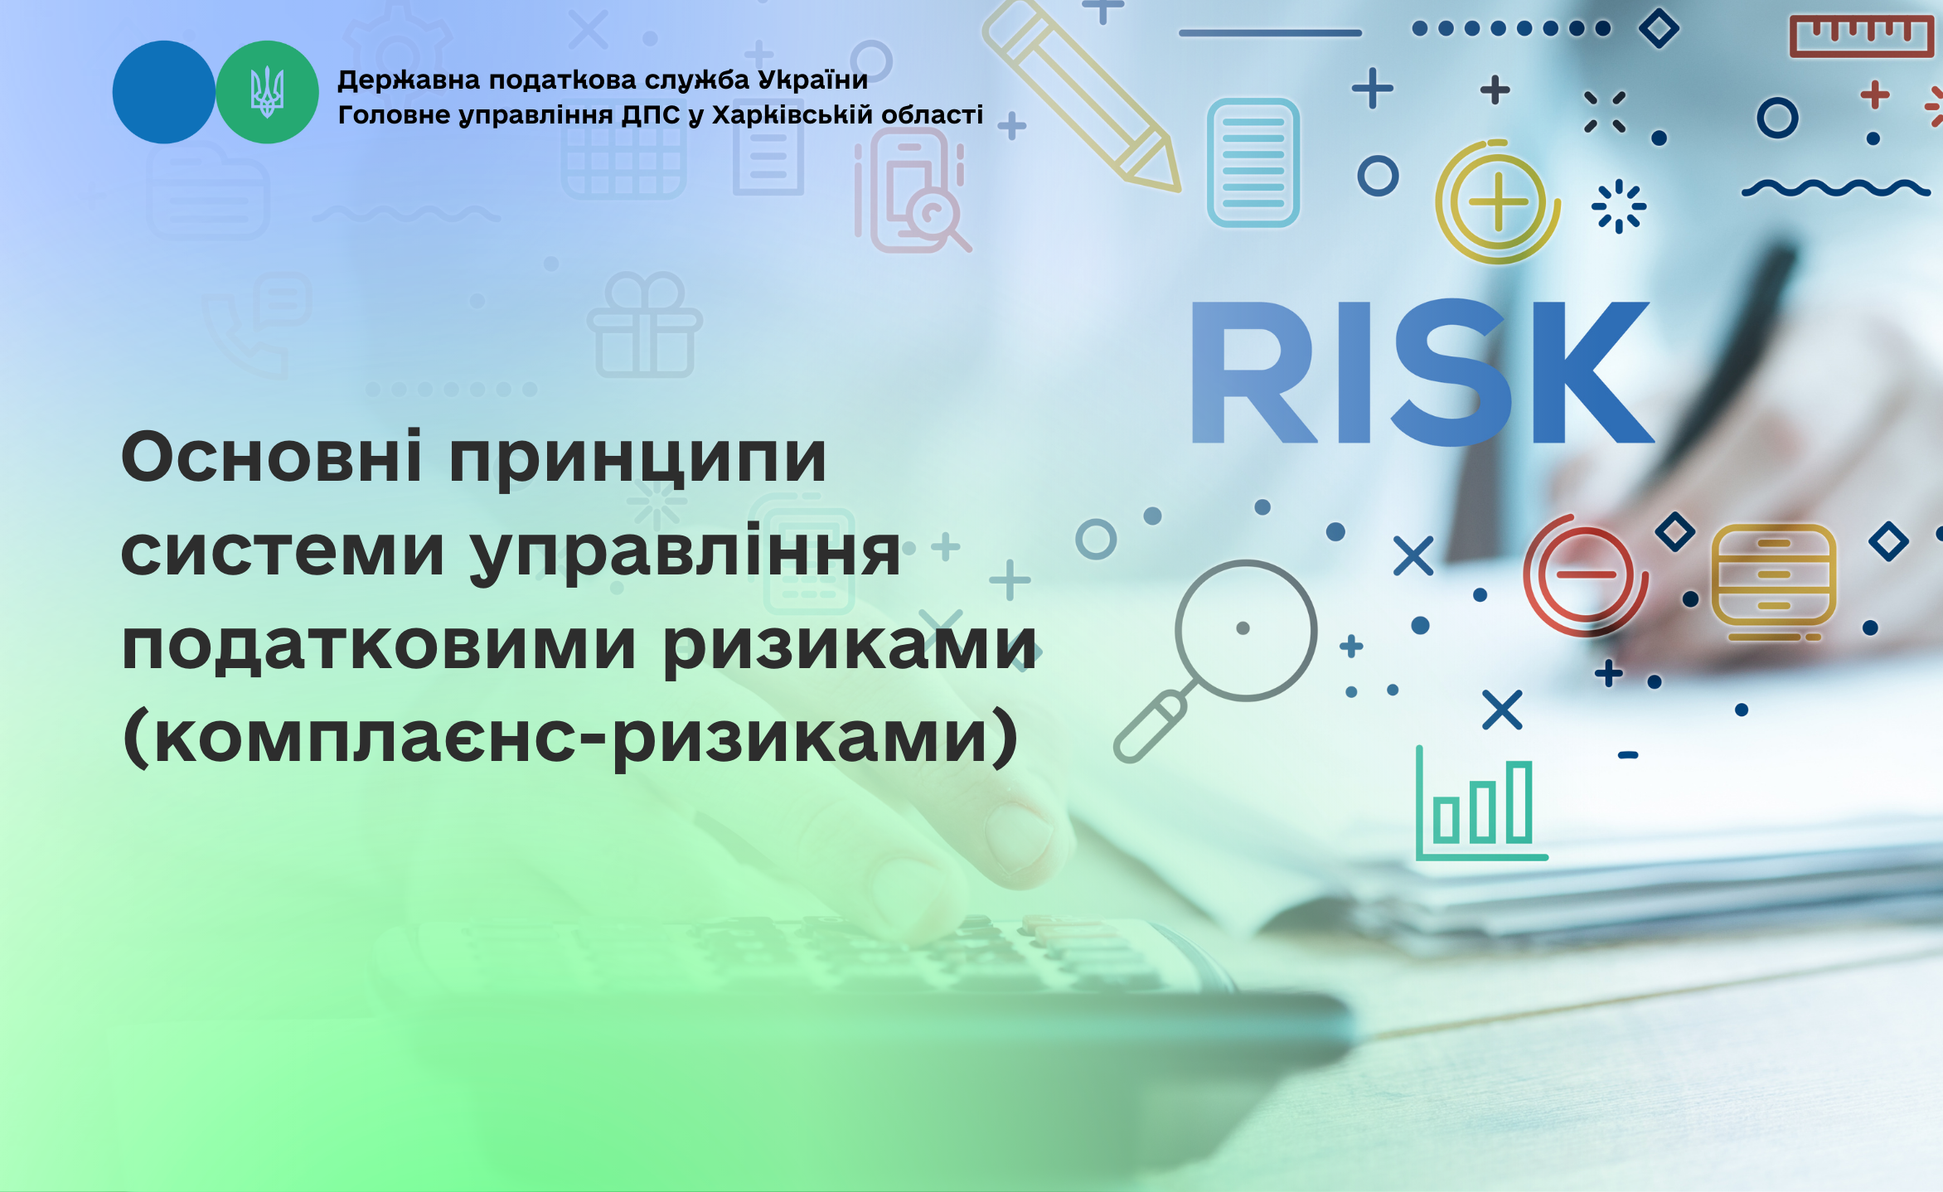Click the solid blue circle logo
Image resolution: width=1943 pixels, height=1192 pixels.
point(163,92)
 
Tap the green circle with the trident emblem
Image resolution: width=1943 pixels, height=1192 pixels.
point(267,92)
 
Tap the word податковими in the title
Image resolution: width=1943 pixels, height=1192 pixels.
point(380,645)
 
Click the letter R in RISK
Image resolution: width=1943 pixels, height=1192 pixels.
point(1253,371)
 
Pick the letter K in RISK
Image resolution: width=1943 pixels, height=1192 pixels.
point(1592,371)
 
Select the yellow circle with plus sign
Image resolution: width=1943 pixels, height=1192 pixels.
point(1497,201)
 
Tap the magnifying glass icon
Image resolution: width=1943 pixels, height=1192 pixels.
point(1215,661)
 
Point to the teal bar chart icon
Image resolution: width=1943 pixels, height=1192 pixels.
point(1481,803)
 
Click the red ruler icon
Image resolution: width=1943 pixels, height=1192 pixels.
point(1861,36)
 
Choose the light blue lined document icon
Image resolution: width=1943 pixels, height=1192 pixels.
point(1253,162)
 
